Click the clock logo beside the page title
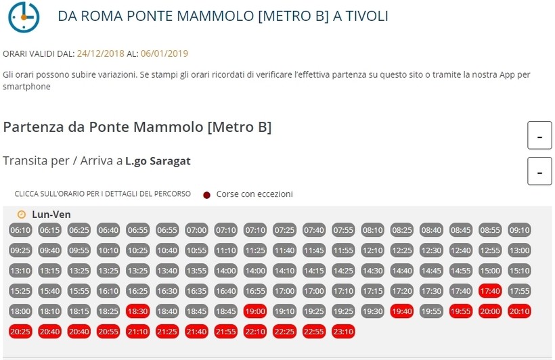point(24,16)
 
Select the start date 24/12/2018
point(100,53)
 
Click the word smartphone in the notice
point(26,87)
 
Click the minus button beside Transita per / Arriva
point(539,171)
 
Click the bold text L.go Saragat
point(158,161)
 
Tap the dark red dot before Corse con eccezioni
point(206,195)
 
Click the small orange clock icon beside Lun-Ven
point(21,215)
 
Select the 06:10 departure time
point(20,230)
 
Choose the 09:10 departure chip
point(519,230)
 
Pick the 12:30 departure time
point(431,250)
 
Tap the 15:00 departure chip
point(489,271)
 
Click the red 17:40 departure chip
point(489,291)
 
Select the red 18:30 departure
point(137,311)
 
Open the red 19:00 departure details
point(255,311)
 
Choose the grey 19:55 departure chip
point(431,311)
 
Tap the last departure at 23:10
point(343,332)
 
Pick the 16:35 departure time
point(196,291)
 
